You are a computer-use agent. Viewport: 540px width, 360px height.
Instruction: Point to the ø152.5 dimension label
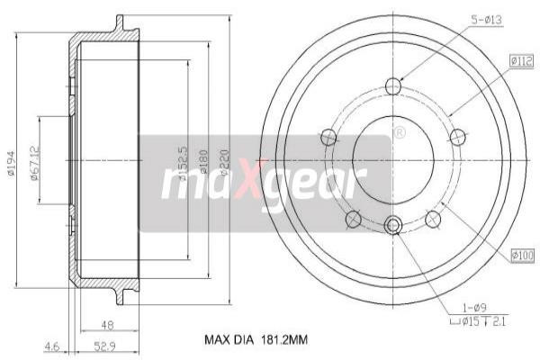pos(183,165)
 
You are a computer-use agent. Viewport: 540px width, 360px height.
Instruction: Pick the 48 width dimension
pos(108,325)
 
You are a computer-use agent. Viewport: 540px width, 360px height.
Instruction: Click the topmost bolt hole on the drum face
pos(393,86)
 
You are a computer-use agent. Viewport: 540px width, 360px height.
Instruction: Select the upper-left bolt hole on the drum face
pos(328,137)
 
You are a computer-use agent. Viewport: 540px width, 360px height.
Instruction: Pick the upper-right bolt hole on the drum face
pos(458,137)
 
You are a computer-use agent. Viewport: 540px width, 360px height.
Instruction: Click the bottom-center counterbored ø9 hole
pos(393,226)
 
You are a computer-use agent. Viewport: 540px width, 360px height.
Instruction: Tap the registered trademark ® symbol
pos(398,132)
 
